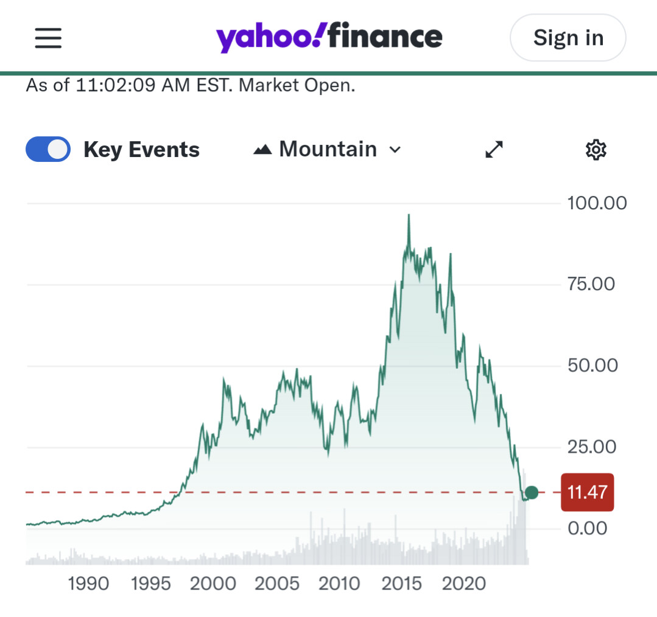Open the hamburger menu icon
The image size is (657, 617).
click(48, 38)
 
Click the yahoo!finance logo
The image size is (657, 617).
click(329, 38)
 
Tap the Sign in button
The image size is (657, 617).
click(567, 38)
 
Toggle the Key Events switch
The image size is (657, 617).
click(48, 150)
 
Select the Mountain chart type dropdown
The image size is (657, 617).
click(328, 150)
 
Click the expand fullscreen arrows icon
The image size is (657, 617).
click(494, 150)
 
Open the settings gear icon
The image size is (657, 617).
click(596, 150)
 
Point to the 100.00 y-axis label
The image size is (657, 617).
click(597, 203)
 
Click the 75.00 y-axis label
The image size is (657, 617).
click(591, 284)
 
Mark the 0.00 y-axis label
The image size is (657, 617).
click(587, 528)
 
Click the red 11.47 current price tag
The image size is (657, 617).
click(587, 492)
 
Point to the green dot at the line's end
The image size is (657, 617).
click(531, 492)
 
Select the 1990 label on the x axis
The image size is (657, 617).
click(89, 584)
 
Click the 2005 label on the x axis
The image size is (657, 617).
click(277, 584)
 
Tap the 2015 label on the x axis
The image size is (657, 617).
click(401, 584)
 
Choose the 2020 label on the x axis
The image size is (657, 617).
click(464, 584)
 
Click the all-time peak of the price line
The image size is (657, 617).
click(409, 215)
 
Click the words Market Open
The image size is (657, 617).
click(297, 85)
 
